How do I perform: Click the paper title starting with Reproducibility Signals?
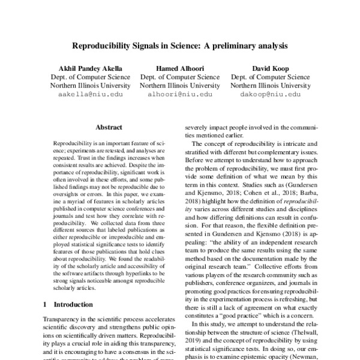(180, 45)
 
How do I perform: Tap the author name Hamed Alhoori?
(179, 68)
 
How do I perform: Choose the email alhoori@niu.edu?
(179, 95)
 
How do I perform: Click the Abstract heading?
(109, 128)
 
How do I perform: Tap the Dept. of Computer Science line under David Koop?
(270, 77)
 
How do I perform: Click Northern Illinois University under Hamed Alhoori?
(179, 86)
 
